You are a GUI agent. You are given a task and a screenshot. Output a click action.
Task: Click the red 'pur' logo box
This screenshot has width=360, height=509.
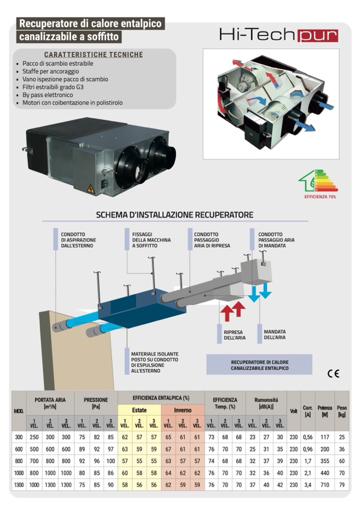click(x=318, y=35)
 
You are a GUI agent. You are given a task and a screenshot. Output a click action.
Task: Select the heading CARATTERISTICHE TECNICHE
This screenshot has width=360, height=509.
click(x=93, y=55)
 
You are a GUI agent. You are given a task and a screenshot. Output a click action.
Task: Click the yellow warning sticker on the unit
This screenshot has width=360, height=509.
click(x=91, y=188)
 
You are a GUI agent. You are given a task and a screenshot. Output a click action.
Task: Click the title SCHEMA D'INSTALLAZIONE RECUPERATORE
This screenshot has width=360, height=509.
click(x=174, y=215)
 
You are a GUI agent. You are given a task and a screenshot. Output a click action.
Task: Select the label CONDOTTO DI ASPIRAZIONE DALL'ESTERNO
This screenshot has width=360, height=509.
click(x=78, y=240)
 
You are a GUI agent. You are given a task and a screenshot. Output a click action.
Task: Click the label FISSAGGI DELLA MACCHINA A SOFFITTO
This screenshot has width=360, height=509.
click(x=151, y=240)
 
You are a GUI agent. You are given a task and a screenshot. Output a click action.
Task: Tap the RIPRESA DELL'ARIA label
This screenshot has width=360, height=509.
click(x=229, y=335)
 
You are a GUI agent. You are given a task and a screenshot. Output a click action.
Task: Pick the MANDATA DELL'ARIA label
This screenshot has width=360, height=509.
click(x=275, y=334)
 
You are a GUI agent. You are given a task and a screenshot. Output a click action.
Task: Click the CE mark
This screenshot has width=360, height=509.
click(x=333, y=373)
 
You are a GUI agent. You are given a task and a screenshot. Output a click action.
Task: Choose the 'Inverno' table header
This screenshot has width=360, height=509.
click(x=183, y=410)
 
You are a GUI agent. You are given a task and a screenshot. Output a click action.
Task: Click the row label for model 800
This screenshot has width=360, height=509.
click(x=19, y=461)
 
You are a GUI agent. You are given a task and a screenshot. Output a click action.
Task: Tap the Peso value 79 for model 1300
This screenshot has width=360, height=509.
click(x=341, y=484)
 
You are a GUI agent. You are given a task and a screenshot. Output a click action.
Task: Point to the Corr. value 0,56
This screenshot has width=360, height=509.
click(x=307, y=437)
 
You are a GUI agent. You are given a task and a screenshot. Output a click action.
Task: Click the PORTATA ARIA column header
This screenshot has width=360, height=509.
click(x=50, y=402)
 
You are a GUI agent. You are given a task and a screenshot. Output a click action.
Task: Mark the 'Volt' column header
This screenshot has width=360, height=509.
click(x=294, y=410)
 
